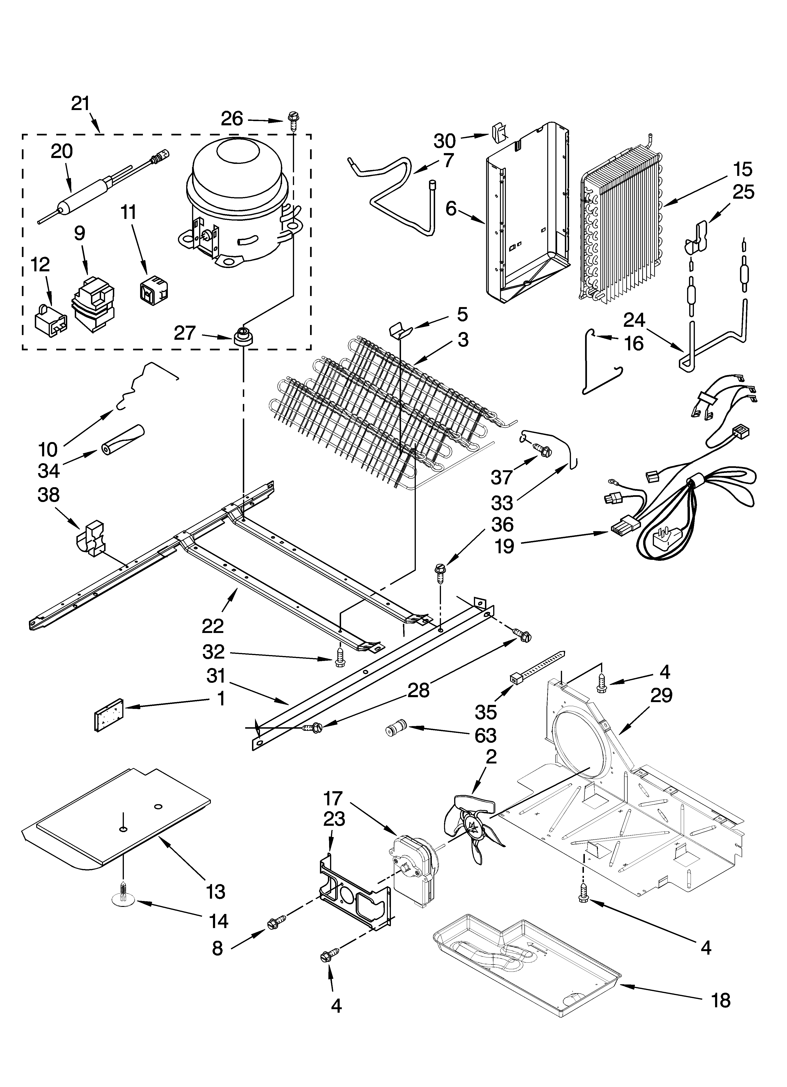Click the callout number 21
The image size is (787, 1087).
(81, 103)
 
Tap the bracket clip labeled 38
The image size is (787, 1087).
(93, 537)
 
